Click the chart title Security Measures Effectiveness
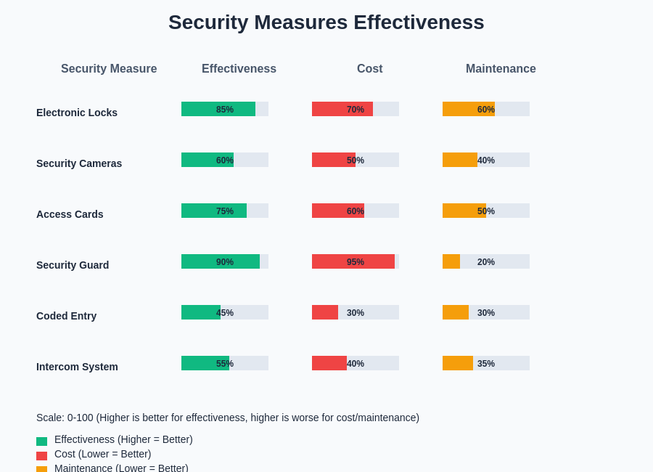click(326, 23)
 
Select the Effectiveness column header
click(239, 69)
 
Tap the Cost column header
click(369, 69)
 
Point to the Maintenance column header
click(501, 69)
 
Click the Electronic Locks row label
click(77, 113)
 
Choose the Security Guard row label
click(73, 265)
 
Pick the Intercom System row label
click(77, 367)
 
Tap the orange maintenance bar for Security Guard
click(451, 261)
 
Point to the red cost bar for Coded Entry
click(325, 312)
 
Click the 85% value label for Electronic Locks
click(225, 110)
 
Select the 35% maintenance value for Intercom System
click(486, 364)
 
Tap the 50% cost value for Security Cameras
click(356, 160)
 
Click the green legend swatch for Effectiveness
click(41, 442)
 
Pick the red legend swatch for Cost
click(41, 456)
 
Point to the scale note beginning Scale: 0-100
click(228, 418)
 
